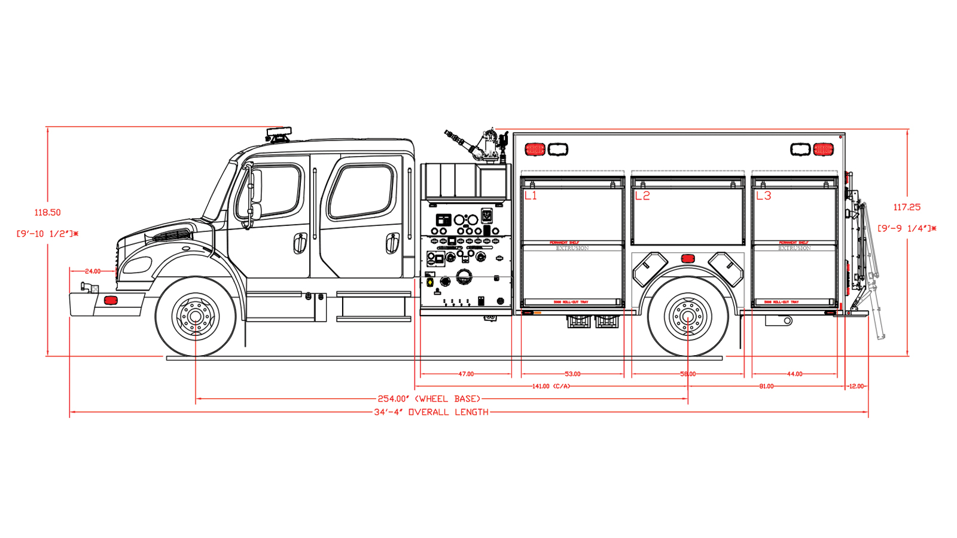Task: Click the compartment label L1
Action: (531, 195)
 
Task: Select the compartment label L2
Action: (642, 195)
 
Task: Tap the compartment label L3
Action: (764, 195)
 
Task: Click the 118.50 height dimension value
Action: (47, 212)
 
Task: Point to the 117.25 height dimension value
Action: (907, 207)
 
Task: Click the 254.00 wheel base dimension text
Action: (429, 399)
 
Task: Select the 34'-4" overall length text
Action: (431, 412)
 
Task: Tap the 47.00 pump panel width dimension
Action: (466, 374)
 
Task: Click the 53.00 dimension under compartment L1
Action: (572, 374)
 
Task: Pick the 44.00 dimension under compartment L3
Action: (794, 374)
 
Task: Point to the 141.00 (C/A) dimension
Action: (551, 386)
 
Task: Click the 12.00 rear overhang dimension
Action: (856, 386)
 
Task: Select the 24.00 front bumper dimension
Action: (93, 271)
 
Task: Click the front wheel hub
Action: (196, 316)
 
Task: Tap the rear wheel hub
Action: (688, 316)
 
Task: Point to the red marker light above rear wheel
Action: (688, 259)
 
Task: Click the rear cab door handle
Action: (392, 242)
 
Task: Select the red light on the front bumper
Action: (111, 299)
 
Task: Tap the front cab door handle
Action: (300, 242)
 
